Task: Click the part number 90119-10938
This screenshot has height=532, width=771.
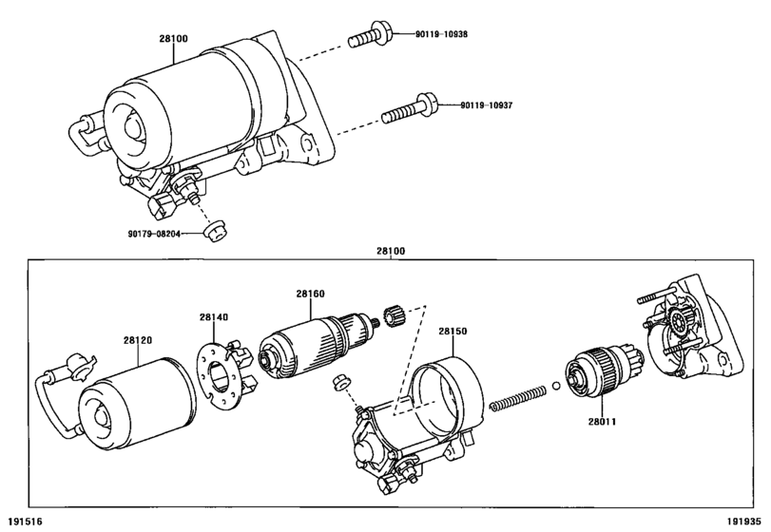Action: coord(441,34)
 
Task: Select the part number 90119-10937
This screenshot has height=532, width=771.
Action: coord(487,105)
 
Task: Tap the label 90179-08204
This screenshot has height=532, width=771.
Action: coord(154,235)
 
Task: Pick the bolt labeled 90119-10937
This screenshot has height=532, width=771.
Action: coord(410,108)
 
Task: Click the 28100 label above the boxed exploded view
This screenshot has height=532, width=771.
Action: coord(391,251)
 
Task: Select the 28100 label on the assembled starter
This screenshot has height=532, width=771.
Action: coord(173,38)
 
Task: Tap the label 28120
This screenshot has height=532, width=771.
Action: coord(138,340)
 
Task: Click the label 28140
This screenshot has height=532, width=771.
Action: coord(214,317)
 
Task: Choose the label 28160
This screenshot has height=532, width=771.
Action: coord(310,294)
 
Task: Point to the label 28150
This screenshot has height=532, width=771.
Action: coord(453,332)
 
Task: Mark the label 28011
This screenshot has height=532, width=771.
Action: coord(603,422)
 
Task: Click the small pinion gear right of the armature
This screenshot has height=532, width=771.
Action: coord(393,315)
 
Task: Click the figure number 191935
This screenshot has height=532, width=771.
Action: coord(744,522)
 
